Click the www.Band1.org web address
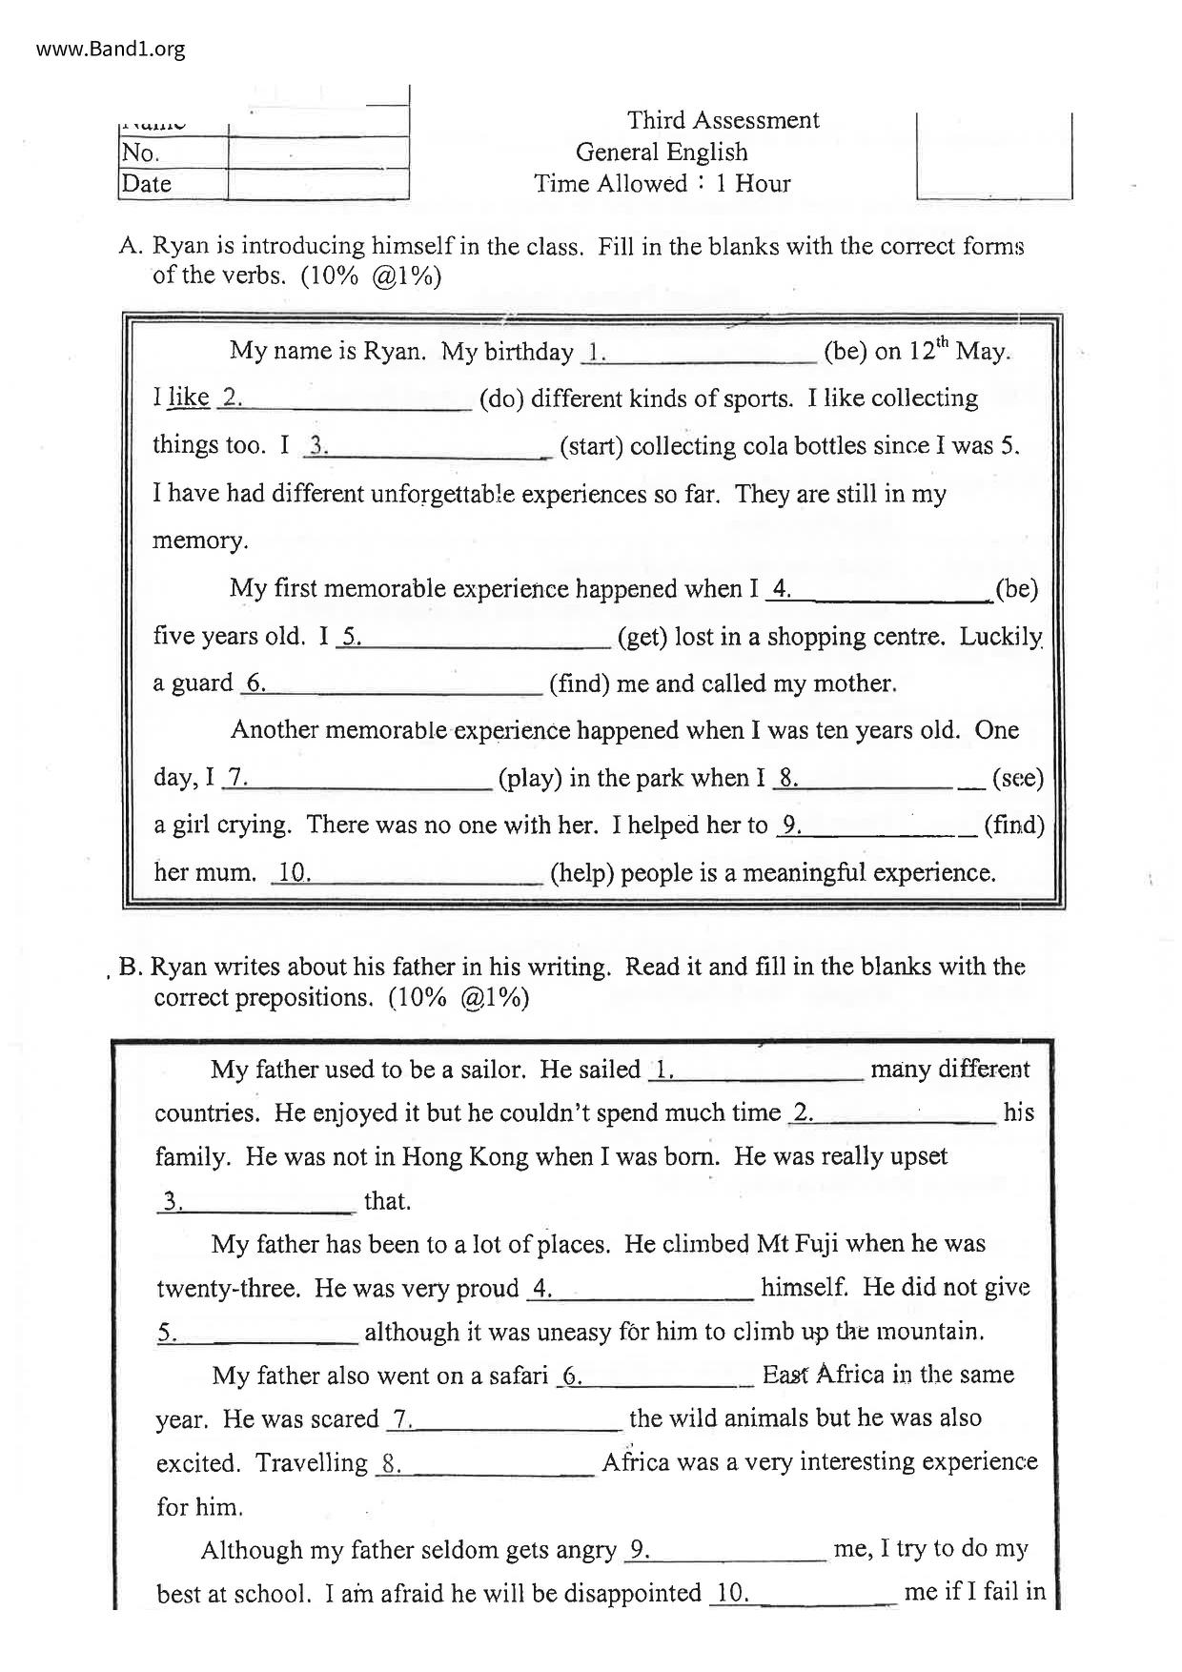[x=111, y=49]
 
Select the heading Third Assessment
[x=723, y=120]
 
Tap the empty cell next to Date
[x=318, y=183]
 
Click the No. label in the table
[x=141, y=153]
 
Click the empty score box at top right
[x=994, y=155]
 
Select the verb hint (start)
[x=591, y=446]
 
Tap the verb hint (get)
[x=642, y=636]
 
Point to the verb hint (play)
[x=529, y=778]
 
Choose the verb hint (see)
[x=1017, y=778]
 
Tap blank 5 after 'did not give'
[x=257, y=1333]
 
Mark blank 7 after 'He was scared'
[x=504, y=1419]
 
